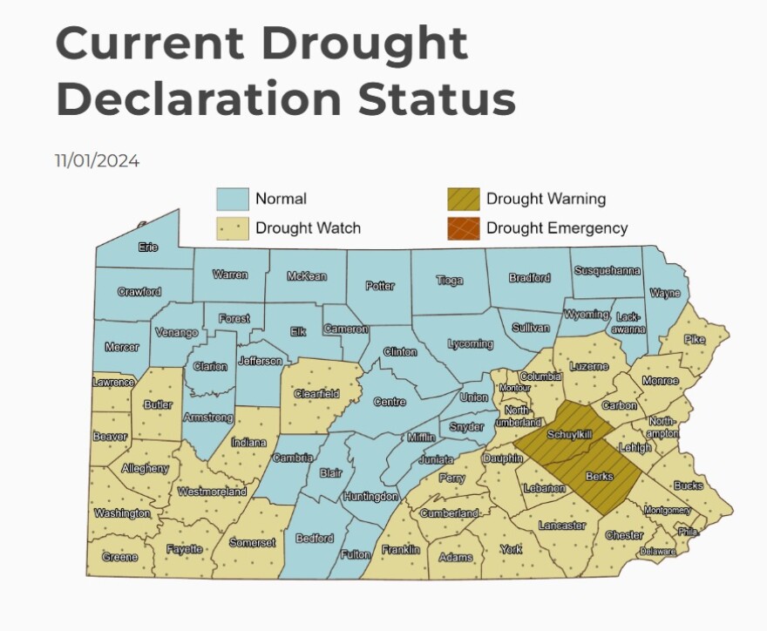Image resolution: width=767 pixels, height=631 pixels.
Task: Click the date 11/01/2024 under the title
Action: pyautogui.click(x=97, y=161)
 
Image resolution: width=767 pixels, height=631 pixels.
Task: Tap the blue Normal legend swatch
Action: pyautogui.click(x=233, y=199)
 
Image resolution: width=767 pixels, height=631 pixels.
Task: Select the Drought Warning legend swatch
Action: pyautogui.click(x=463, y=199)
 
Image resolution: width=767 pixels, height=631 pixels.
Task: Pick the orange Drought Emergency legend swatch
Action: pyautogui.click(x=463, y=228)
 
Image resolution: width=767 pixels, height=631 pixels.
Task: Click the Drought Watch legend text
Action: pyautogui.click(x=308, y=228)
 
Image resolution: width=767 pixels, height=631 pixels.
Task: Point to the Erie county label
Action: pyautogui.click(x=148, y=248)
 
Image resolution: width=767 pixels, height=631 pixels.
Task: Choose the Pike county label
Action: pyautogui.click(x=695, y=339)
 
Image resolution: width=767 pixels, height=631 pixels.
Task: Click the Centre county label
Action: pyautogui.click(x=390, y=402)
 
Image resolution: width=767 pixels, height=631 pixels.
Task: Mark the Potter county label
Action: pyautogui.click(x=380, y=286)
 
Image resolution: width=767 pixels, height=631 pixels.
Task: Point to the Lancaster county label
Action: pyautogui.click(x=562, y=526)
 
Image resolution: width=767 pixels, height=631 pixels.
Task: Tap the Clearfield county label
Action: pyautogui.click(x=316, y=394)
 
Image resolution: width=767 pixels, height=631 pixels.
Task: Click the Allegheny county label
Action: pyautogui.click(x=146, y=468)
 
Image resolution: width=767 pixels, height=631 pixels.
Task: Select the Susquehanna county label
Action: pyautogui.click(x=607, y=271)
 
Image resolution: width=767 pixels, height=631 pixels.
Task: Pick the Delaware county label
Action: pyautogui.click(x=657, y=552)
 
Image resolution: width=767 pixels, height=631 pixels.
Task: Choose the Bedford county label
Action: pyautogui.click(x=315, y=538)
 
